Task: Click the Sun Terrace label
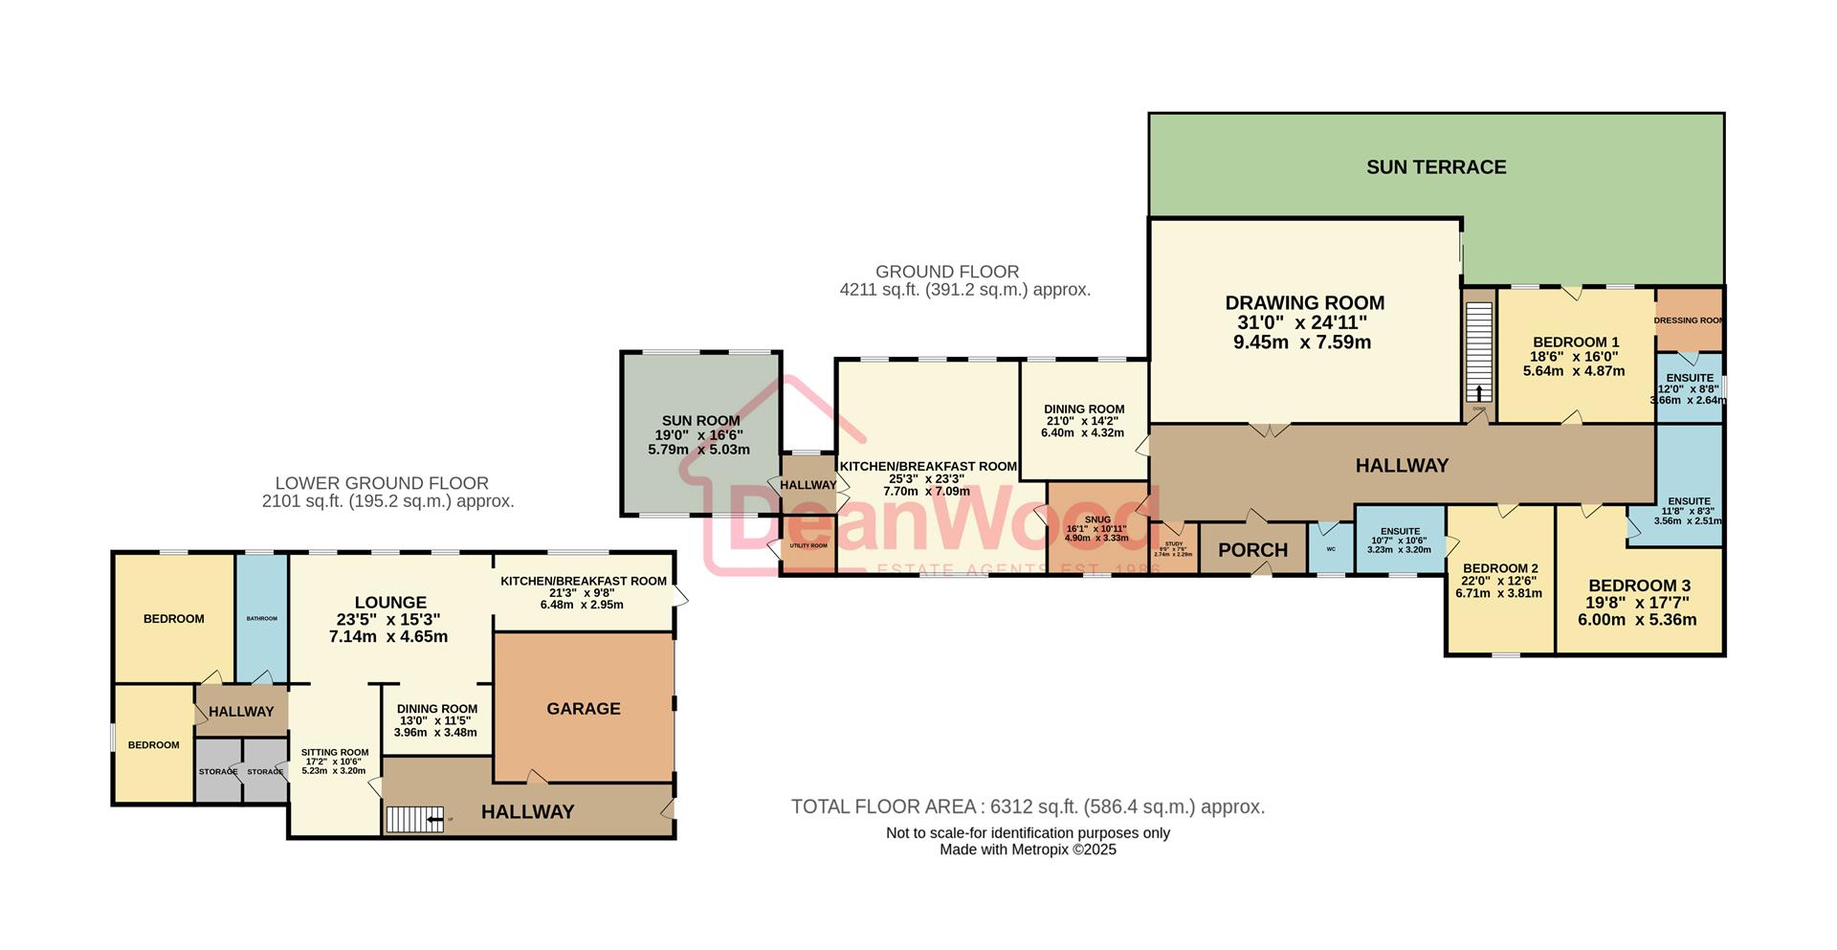click(x=1435, y=167)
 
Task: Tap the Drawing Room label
click(x=1304, y=303)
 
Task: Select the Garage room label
click(x=583, y=709)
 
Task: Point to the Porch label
click(x=1252, y=550)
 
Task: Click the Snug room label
click(x=1097, y=519)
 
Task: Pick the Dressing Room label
click(x=1689, y=320)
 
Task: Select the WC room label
click(x=1330, y=549)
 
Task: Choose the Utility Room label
click(x=808, y=545)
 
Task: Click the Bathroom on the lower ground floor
click(x=261, y=619)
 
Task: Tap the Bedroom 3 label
click(x=1639, y=585)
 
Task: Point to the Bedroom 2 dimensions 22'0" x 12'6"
click(x=1498, y=581)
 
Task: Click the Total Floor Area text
click(x=1027, y=806)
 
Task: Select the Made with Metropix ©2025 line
click(x=1027, y=850)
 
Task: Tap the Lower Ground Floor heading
click(x=382, y=484)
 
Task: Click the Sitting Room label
click(x=334, y=752)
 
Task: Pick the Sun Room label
click(x=700, y=421)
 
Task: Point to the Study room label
click(x=1173, y=544)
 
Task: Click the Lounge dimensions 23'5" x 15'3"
click(x=388, y=620)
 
